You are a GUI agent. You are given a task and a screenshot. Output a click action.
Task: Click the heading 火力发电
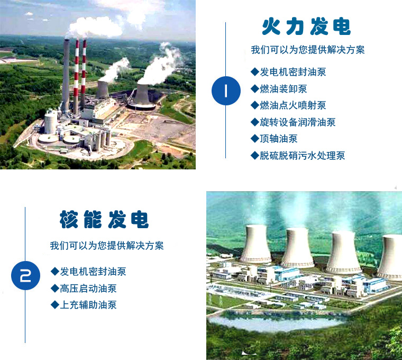(306, 27)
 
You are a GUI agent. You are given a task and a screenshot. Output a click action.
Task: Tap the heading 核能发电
(104, 219)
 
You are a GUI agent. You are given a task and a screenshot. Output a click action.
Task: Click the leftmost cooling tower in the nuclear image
(255, 244)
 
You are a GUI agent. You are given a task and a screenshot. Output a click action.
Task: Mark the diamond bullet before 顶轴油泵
(254, 139)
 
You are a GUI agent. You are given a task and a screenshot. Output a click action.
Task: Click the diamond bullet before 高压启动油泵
(54, 289)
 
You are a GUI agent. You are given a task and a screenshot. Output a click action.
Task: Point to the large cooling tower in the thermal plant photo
(142, 95)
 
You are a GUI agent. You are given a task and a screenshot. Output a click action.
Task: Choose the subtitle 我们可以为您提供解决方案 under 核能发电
(107, 246)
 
